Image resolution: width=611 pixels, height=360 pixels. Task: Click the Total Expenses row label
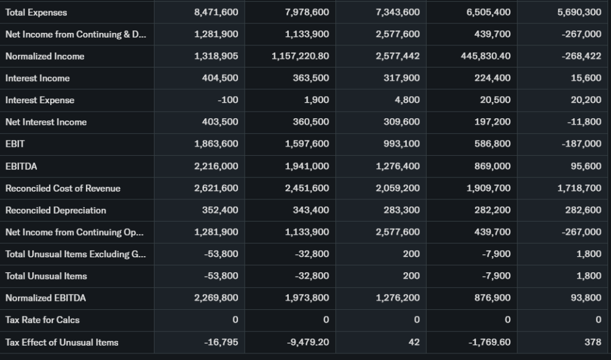(x=36, y=13)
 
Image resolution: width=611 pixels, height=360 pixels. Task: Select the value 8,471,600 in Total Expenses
(x=216, y=13)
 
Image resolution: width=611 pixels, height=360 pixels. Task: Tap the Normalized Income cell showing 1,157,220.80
(x=300, y=56)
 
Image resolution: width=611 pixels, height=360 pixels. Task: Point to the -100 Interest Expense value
(x=229, y=100)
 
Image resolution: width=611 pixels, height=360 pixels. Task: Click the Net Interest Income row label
(x=46, y=122)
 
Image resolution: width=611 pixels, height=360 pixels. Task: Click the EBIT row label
(x=15, y=144)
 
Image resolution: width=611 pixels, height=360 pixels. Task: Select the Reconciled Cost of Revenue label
(x=63, y=188)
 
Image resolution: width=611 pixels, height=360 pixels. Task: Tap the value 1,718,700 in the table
(x=579, y=188)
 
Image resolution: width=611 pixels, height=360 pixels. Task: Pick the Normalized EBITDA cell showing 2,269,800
(x=216, y=297)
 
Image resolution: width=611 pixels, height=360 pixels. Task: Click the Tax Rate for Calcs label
(x=42, y=319)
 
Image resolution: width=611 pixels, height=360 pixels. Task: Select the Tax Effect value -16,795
(x=221, y=342)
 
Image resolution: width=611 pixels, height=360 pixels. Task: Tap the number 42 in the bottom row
(x=414, y=342)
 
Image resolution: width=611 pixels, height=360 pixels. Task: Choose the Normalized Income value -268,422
(x=581, y=56)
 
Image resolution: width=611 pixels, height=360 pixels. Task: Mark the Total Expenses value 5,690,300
(x=579, y=13)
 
